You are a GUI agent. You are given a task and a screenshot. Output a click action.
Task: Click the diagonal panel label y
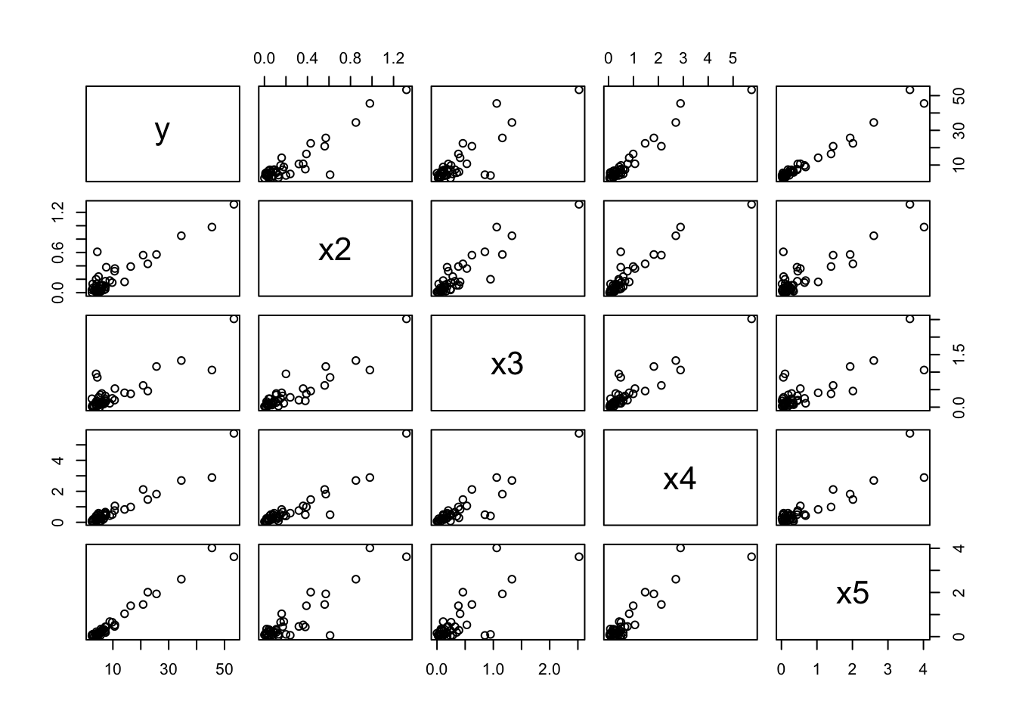click(162, 131)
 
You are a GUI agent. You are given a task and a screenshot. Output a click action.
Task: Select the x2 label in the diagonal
click(334, 249)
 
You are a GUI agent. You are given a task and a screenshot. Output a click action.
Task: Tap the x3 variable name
click(506, 364)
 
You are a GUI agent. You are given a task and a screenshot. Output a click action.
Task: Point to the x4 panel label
click(679, 479)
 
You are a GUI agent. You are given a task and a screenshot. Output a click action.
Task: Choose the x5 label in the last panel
click(852, 594)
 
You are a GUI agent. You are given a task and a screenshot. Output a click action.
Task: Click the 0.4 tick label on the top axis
click(307, 58)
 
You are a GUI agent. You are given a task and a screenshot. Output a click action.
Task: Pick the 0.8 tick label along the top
click(350, 58)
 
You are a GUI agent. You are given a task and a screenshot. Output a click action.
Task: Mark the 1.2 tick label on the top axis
click(393, 58)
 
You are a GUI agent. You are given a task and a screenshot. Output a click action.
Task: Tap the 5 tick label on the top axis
click(733, 58)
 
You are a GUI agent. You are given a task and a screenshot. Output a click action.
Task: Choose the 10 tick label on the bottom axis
click(113, 670)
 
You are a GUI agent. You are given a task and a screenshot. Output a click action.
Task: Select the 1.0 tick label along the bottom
click(493, 670)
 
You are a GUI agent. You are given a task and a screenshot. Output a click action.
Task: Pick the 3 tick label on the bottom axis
click(887, 670)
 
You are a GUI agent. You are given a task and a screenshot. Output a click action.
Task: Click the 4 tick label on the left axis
click(63, 461)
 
